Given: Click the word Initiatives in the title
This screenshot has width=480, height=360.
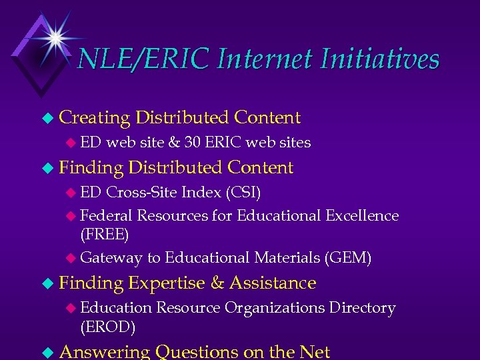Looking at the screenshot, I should coord(380,59).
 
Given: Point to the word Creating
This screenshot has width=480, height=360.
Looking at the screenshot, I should coord(94,118).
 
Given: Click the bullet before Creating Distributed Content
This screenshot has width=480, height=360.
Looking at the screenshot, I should coord(46,118).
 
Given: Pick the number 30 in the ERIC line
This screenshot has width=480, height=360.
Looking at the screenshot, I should coord(193,142).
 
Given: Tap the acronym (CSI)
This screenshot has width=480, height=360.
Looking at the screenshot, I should coord(243,193).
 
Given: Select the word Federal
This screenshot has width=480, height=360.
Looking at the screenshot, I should coord(106,215).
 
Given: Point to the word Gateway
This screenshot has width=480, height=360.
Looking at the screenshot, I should coord(111,257).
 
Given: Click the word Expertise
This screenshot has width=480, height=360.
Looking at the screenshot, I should coord(167,283).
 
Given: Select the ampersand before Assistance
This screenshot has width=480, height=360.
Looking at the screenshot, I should coord(217,283).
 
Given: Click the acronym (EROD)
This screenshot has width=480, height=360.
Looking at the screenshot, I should coord(107,327).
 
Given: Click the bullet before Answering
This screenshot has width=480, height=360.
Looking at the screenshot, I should coord(46,352).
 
